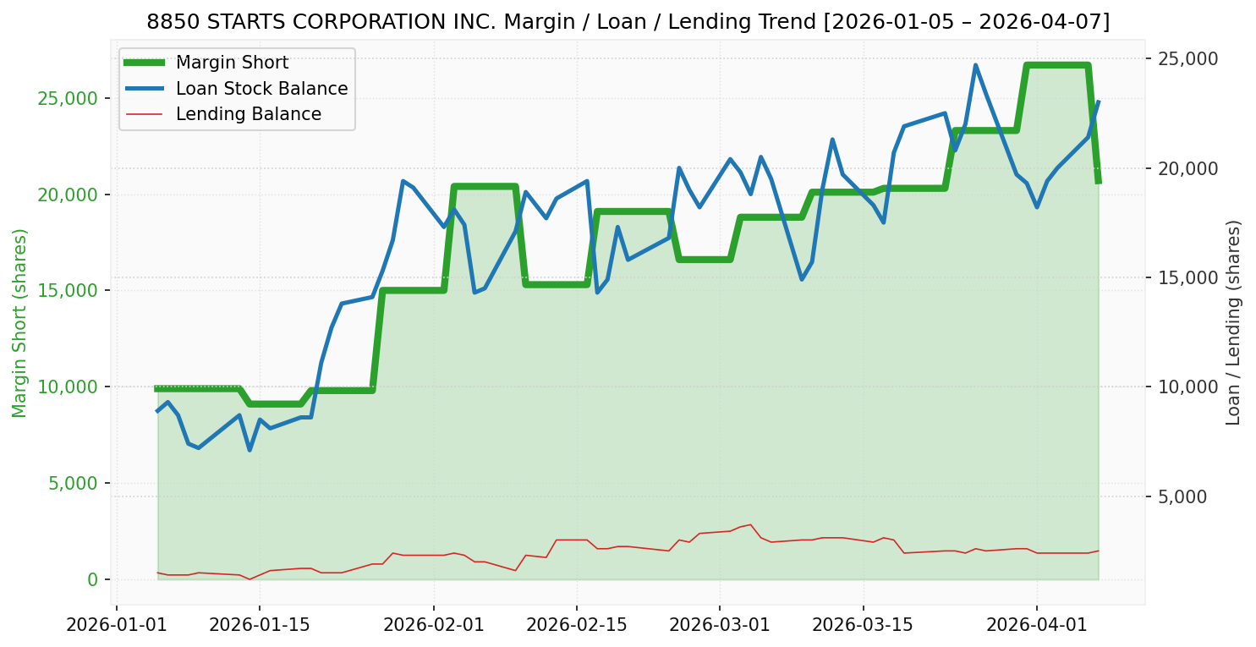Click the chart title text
tap(628, 22)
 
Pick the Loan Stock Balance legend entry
tap(261, 89)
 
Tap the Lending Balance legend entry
tap(248, 114)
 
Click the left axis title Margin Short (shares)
tap(20, 322)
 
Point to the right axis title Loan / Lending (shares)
tap(1233, 322)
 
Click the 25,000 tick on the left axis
tap(69, 98)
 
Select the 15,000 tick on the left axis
tap(69, 290)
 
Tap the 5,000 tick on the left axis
tap(73, 483)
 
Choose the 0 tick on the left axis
tap(92, 579)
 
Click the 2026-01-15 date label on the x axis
tap(259, 626)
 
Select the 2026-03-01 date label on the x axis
tap(720, 626)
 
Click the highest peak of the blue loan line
tap(975, 65)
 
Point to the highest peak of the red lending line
tap(750, 524)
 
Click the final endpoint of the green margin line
tap(1098, 182)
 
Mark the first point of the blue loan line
tap(157, 411)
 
